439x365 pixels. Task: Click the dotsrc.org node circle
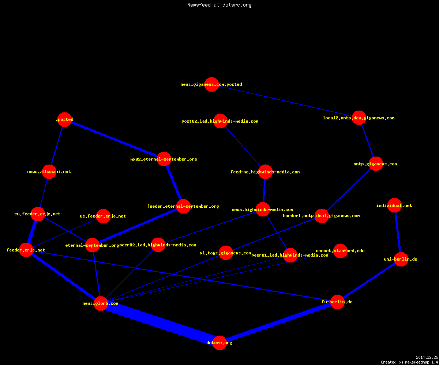[219, 343]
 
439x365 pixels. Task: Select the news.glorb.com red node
[101, 303]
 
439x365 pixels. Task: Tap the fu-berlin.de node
[337, 302]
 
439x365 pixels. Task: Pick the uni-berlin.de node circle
[401, 259]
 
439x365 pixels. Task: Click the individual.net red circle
[394, 205]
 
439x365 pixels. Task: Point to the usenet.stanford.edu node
[340, 251]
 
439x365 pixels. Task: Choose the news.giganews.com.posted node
[211, 84]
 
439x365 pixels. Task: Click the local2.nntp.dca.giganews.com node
[359, 118]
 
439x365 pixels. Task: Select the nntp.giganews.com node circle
[376, 164]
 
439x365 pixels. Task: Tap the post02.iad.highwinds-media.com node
[220, 121]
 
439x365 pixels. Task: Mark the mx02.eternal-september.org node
[164, 159]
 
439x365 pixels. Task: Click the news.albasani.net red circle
[49, 172]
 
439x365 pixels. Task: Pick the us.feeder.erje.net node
[103, 216]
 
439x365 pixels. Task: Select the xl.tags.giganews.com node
[226, 253]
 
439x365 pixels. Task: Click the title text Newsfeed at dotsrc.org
[219, 5]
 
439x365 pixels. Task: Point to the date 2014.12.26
[427, 357]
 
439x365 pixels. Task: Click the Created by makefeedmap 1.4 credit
[409, 362]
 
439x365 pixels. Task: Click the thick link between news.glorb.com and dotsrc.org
[160, 323]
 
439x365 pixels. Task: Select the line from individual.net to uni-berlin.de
[398, 233]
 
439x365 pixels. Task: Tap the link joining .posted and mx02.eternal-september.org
[115, 139]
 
